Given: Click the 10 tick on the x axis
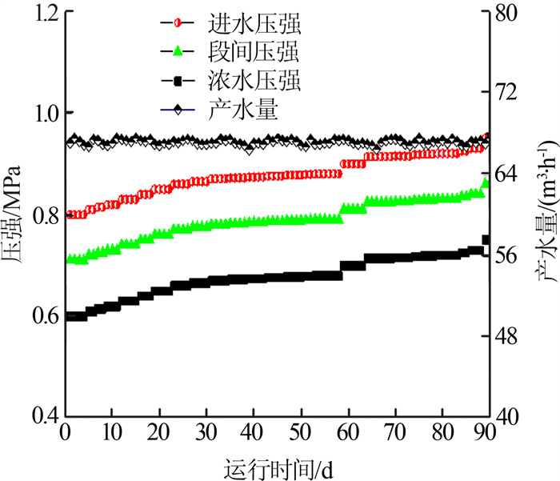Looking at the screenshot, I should tap(113, 433).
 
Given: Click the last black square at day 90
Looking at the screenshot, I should tap(486, 239).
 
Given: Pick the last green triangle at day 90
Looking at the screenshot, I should tap(486, 184).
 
